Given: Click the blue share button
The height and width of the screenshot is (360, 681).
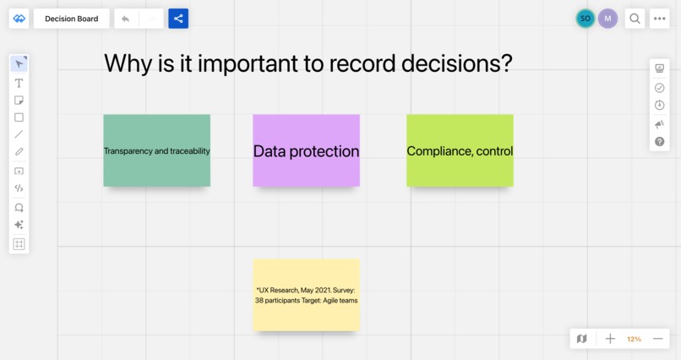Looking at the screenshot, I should (178, 19).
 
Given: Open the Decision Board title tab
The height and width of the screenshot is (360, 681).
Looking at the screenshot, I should (71, 19).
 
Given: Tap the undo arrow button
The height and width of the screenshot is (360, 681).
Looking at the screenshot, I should (126, 19).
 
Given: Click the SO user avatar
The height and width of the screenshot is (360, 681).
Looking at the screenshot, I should (585, 19).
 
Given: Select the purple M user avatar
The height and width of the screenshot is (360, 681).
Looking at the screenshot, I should (607, 19).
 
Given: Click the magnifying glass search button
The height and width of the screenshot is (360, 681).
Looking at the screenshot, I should (635, 19).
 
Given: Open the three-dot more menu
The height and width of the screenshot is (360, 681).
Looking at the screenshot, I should (660, 19).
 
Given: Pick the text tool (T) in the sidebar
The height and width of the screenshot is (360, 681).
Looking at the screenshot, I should (19, 83).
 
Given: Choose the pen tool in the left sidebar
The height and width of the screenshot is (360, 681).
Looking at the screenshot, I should (19, 152).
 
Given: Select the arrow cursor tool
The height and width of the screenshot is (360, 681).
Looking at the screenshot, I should (19, 64).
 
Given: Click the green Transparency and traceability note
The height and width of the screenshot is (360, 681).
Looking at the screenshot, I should (156, 150).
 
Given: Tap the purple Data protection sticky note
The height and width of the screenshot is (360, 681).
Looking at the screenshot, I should (306, 150).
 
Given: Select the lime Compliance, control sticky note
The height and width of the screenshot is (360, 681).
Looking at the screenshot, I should (460, 150).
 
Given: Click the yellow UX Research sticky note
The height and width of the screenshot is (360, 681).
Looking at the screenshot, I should (306, 295).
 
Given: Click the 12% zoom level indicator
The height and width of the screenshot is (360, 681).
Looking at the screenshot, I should (634, 339).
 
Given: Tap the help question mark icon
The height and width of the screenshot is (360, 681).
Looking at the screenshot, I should (660, 142).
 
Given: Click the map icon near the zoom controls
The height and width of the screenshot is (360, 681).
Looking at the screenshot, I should (581, 339).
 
